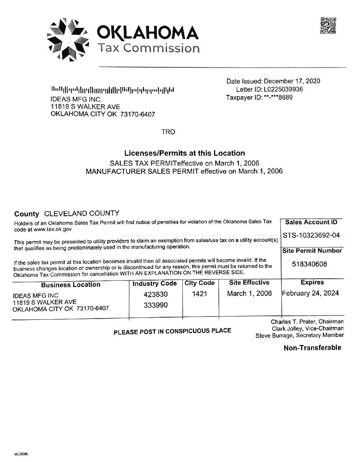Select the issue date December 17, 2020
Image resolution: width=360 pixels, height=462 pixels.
click(x=292, y=81)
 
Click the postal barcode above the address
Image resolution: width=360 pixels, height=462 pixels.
click(x=113, y=90)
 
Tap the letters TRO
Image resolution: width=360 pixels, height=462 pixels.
click(x=168, y=132)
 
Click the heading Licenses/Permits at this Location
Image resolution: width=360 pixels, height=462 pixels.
click(x=184, y=153)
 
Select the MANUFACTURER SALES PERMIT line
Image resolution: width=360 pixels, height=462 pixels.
click(x=184, y=171)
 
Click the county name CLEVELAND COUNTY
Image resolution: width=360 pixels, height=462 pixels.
click(x=82, y=213)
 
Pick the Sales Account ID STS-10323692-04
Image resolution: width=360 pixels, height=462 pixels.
click(x=311, y=235)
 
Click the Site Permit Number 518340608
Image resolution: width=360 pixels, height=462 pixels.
click(x=309, y=264)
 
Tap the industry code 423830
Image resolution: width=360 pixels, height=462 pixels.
click(x=156, y=294)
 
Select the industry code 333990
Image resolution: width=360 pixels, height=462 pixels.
click(x=156, y=305)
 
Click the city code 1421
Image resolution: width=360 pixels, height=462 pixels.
click(x=199, y=294)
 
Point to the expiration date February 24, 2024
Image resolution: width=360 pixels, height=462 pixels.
click(x=310, y=293)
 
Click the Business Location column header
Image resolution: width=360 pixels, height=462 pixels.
click(x=71, y=285)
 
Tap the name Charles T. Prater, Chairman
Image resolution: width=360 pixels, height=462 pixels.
click(x=307, y=322)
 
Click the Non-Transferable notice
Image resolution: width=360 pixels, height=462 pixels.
click(x=312, y=347)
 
